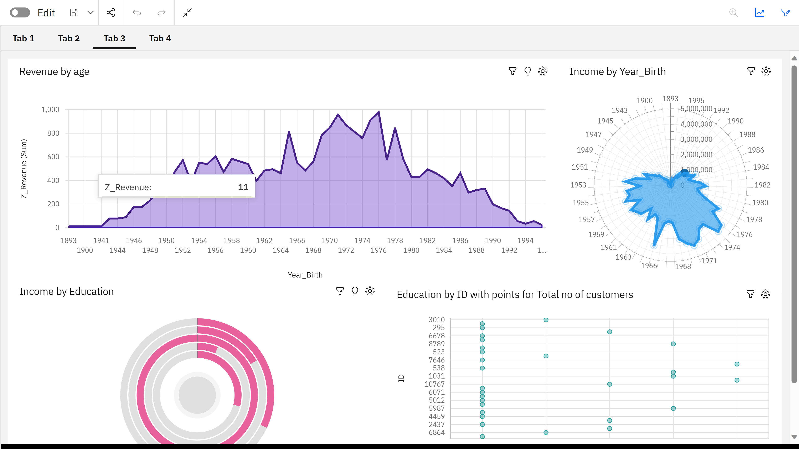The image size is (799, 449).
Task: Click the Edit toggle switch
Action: point(20,13)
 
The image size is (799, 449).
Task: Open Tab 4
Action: point(160,38)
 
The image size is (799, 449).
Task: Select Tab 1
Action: point(23,38)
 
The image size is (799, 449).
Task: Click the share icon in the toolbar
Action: point(111,13)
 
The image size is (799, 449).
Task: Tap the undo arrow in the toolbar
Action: point(137,13)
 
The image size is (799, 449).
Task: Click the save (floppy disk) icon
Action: point(73,13)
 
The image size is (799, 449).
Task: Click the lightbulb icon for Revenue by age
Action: point(527,71)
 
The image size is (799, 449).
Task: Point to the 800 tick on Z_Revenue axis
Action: point(53,133)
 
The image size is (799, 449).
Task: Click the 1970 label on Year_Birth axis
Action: point(329,241)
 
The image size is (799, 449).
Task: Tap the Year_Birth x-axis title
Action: point(305,275)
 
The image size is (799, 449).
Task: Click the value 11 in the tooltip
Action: point(243,187)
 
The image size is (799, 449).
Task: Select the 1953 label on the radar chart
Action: point(578,185)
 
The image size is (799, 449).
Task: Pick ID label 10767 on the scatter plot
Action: point(434,384)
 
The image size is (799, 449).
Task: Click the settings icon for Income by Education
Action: point(370,291)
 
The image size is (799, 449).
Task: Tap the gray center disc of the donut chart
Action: point(197,395)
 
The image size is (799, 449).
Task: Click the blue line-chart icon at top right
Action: point(760,13)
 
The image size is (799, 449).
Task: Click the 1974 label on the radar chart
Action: point(732,247)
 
